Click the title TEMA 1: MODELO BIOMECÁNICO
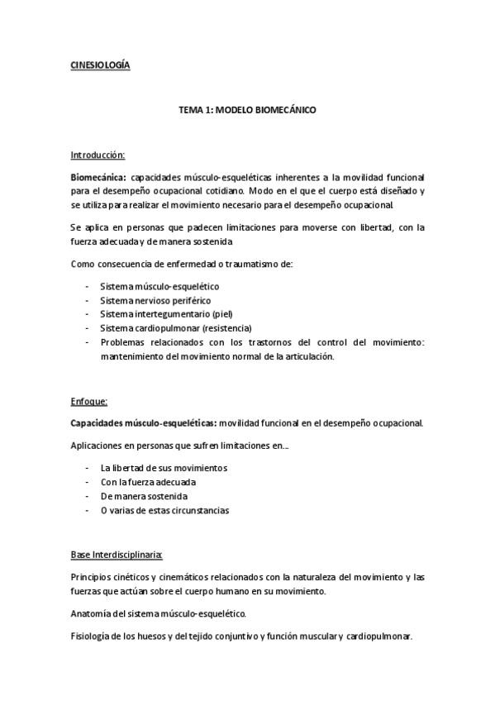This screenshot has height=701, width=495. point(248,109)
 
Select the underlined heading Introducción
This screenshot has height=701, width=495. point(98,155)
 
